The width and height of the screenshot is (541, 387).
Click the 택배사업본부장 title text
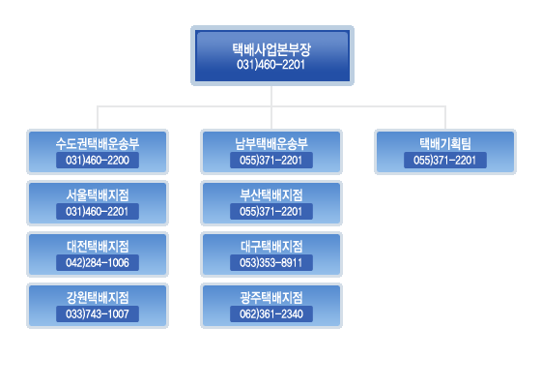(x=271, y=49)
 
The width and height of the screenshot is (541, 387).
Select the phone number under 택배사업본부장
(x=270, y=65)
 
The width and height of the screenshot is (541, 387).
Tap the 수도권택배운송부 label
(x=98, y=144)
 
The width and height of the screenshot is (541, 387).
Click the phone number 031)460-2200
(x=98, y=161)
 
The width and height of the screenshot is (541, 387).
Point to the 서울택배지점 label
(x=98, y=195)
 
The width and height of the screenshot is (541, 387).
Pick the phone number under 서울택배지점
(x=98, y=212)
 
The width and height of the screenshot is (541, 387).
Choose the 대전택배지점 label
(x=98, y=247)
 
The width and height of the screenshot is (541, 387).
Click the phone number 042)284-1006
(x=98, y=263)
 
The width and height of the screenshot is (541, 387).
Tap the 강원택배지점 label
(x=98, y=298)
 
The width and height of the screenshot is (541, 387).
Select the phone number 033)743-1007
(x=98, y=314)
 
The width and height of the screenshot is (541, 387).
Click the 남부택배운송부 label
(x=271, y=144)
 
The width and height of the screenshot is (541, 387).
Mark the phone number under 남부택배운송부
(x=271, y=161)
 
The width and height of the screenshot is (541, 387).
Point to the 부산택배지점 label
(x=271, y=195)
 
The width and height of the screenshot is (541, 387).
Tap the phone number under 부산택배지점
(x=271, y=212)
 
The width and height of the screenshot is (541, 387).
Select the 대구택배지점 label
(x=271, y=247)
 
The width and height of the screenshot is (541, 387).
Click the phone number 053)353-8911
(x=271, y=263)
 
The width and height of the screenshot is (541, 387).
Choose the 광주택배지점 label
(x=271, y=298)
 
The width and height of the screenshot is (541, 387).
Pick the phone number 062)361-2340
(x=271, y=314)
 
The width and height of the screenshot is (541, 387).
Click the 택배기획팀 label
(x=445, y=144)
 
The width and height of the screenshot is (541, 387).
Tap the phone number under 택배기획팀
(x=445, y=161)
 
